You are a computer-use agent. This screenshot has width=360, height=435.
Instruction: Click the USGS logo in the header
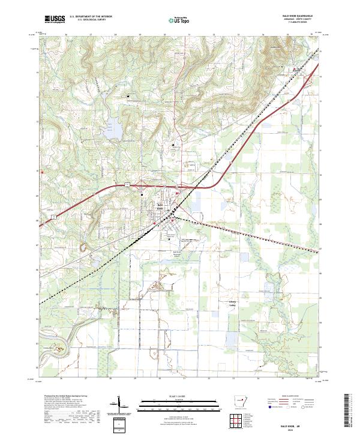pos(55,19)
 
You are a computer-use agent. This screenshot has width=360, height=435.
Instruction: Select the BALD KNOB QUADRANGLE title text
pos(298,16)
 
